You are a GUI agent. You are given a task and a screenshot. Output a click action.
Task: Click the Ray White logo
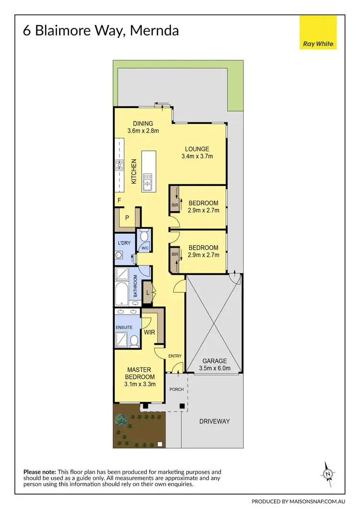[318, 33]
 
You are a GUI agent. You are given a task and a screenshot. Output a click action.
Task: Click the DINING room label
[143, 124]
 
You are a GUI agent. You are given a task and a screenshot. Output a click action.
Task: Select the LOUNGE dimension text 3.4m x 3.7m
[197, 157]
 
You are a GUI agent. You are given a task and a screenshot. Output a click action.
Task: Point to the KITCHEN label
[134, 171]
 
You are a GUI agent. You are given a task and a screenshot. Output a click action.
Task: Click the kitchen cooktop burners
[119, 166]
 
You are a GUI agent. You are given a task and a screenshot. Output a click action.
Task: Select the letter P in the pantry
[127, 218]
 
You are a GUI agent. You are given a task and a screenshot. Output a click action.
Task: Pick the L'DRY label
[124, 243]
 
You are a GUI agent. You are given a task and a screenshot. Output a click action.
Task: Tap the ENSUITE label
[123, 327]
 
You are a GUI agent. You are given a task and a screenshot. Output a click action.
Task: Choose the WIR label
[148, 332]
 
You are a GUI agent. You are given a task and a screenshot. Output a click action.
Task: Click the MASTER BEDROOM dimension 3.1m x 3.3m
[139, 384]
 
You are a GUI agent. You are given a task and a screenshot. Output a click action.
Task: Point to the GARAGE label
[215, 361]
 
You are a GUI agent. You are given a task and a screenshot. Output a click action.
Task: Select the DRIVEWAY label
[215, 421]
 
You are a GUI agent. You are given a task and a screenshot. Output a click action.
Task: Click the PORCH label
[177, 389]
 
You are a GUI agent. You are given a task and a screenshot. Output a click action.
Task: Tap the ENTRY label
[174, 356]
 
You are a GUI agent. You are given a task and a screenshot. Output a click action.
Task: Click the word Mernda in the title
[155, 31]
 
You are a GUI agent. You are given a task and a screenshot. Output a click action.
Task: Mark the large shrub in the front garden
[120, 419]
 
